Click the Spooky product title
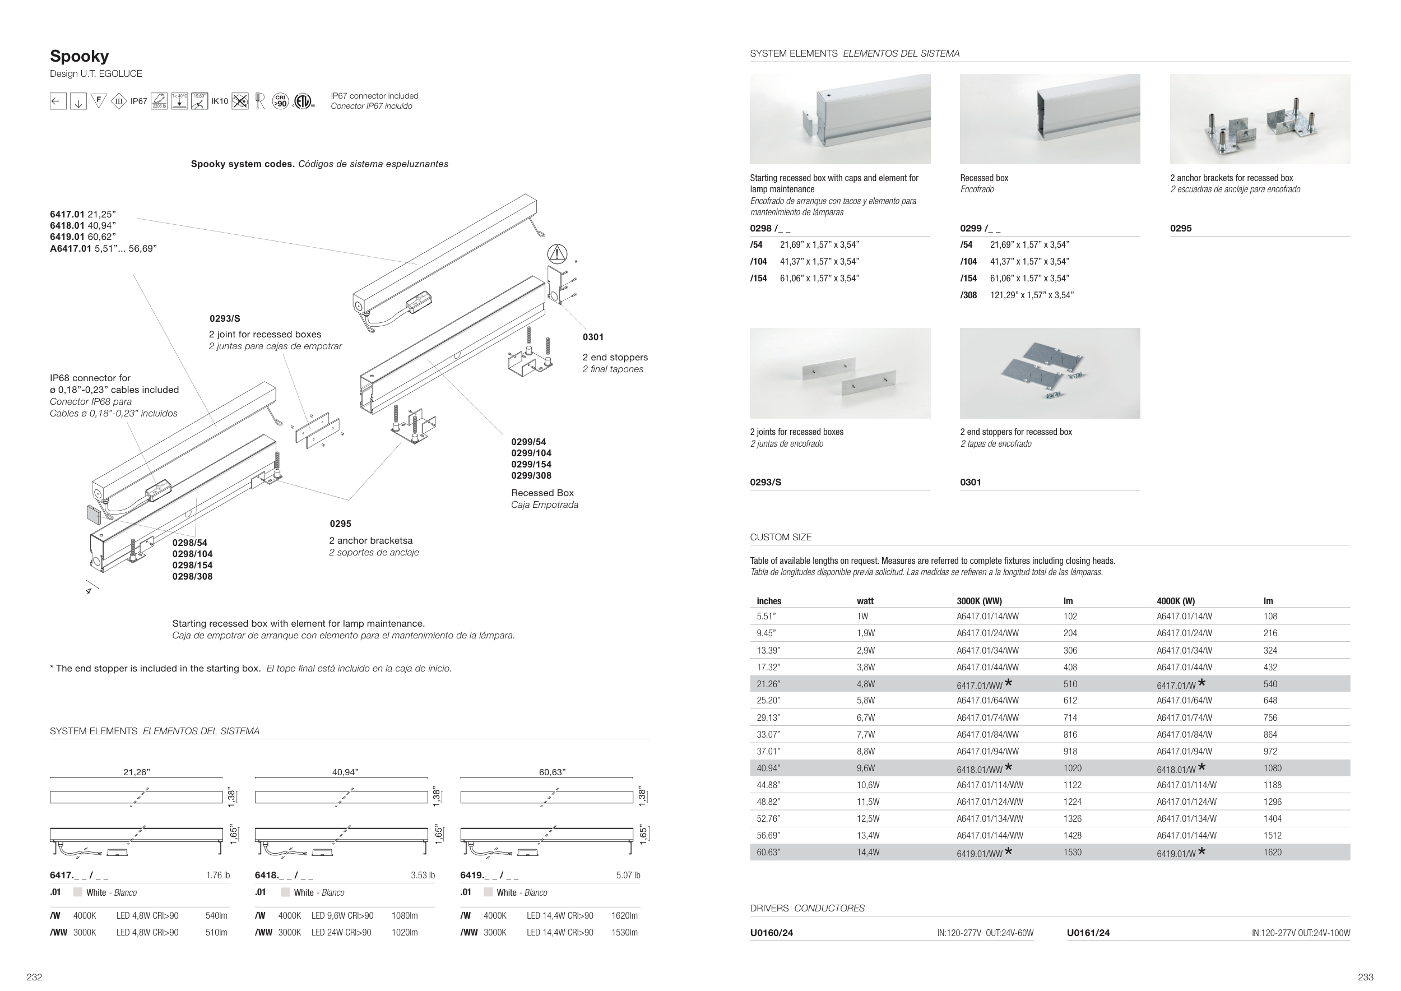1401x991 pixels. (x=80, y=56)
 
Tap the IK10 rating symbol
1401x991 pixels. (x=219, y=101)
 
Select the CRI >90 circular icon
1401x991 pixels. (x=280, y=101)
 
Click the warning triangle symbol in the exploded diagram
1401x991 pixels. (x=557, y=253)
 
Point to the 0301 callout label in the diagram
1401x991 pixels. (x=592, y=337)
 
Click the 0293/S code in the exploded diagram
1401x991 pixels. (x=225, y=318)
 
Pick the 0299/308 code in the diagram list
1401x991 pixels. (x=531, y=475)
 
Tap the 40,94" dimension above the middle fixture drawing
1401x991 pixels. (x=345, y=772)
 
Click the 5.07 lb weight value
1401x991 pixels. (x=628, y=875)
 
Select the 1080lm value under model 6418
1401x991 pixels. (x=404, y=915)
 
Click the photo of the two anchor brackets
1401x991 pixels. (x=1259, y=119)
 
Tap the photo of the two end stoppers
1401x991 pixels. (x=1050, y=373)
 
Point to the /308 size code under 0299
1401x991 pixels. (x=968, y=295)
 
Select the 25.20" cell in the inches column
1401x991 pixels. (x=768, y=701)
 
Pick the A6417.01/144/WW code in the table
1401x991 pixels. (x=989, y=835)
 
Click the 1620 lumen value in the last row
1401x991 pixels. (x=1272, y=853)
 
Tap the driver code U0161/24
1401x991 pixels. (x=1088, y=932)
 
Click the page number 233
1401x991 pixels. (x=1365, y=977)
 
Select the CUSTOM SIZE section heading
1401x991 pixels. (x=781, y=537)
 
